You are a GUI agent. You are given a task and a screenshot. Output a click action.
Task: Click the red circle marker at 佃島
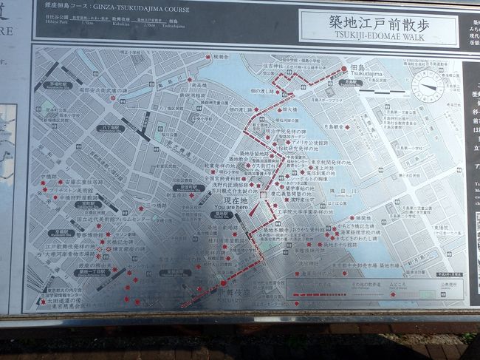coord(343,69)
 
